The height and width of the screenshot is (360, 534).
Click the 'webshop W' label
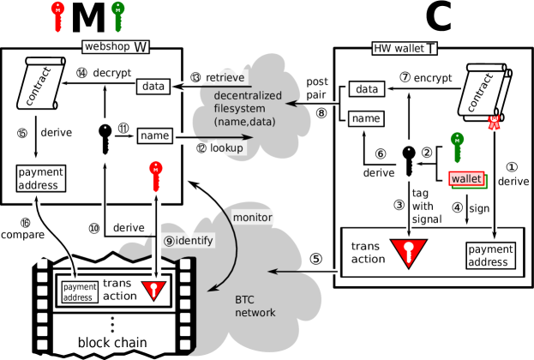[116, 46]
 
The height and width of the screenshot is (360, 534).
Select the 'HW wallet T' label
[405, 48]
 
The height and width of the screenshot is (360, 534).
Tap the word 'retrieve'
[225, 78]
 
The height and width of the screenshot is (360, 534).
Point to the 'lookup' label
[227, 147]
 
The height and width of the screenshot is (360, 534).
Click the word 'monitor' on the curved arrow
[252, 218]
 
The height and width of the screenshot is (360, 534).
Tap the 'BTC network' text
[255, 307]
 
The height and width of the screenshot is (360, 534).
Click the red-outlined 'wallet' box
[467, 179]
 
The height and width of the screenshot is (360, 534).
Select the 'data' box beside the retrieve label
[153, 87]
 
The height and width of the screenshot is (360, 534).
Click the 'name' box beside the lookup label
[154, 135]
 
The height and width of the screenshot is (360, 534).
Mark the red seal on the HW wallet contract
[493, 123]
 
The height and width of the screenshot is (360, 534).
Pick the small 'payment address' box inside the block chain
[79, 292]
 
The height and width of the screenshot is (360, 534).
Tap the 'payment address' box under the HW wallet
[491, 255]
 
